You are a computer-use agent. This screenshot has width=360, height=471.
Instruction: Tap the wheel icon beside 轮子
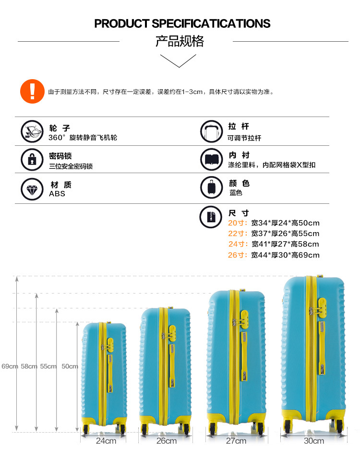(x=32, y=131)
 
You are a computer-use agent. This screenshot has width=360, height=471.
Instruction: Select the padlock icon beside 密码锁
(x=32, y=160)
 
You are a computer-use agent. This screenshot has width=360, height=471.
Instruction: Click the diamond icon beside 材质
(x=32, y=188)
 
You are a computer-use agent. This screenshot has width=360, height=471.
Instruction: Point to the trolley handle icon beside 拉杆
(x=212, y=132)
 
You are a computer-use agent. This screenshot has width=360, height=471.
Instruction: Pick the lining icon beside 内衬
(x=212, y=160)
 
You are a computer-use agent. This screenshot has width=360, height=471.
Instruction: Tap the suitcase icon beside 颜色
(x=212, y=188)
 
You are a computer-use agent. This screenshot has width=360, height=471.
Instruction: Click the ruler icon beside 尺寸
(x=212, y=216)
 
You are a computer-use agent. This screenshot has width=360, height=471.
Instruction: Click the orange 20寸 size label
(x=238, y=223)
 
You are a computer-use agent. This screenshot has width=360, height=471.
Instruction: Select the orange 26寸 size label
(x=238, y=255)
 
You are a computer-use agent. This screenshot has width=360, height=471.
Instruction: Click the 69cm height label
(x=10, y=366)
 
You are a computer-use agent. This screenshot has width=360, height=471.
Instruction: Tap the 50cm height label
(x=70, y=366)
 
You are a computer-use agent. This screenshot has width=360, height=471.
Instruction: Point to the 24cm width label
(x=106, y=441)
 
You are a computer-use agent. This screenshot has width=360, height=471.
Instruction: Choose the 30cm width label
(x=314, y=441)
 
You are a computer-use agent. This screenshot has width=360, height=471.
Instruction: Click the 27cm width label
(x=236, y=441)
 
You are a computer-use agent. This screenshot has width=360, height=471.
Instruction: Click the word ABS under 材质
(x=57, y=194)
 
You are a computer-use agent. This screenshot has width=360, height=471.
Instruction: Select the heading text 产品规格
(x=180, y=41)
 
